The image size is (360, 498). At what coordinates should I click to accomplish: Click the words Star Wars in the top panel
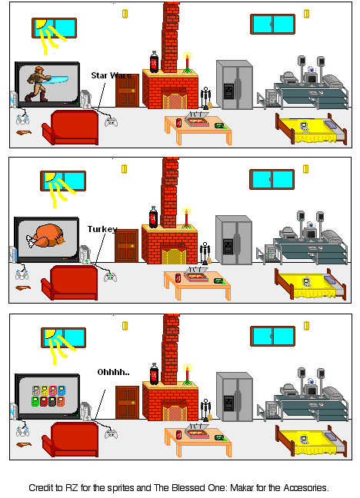coord(111,75)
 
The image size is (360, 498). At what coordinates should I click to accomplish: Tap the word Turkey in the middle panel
coord(102,229)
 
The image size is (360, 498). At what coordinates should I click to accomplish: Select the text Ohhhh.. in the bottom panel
coord(113,372)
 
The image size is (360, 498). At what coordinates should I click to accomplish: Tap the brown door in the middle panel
coord(127,246)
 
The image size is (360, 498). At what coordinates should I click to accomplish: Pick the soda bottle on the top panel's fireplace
coord(154,62)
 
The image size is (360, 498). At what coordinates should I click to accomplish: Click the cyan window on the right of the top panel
coord(272,24)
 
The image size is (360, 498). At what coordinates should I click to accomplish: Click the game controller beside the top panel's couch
coord(112,120)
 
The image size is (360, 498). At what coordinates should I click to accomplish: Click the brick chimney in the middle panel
coord(171,189)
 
